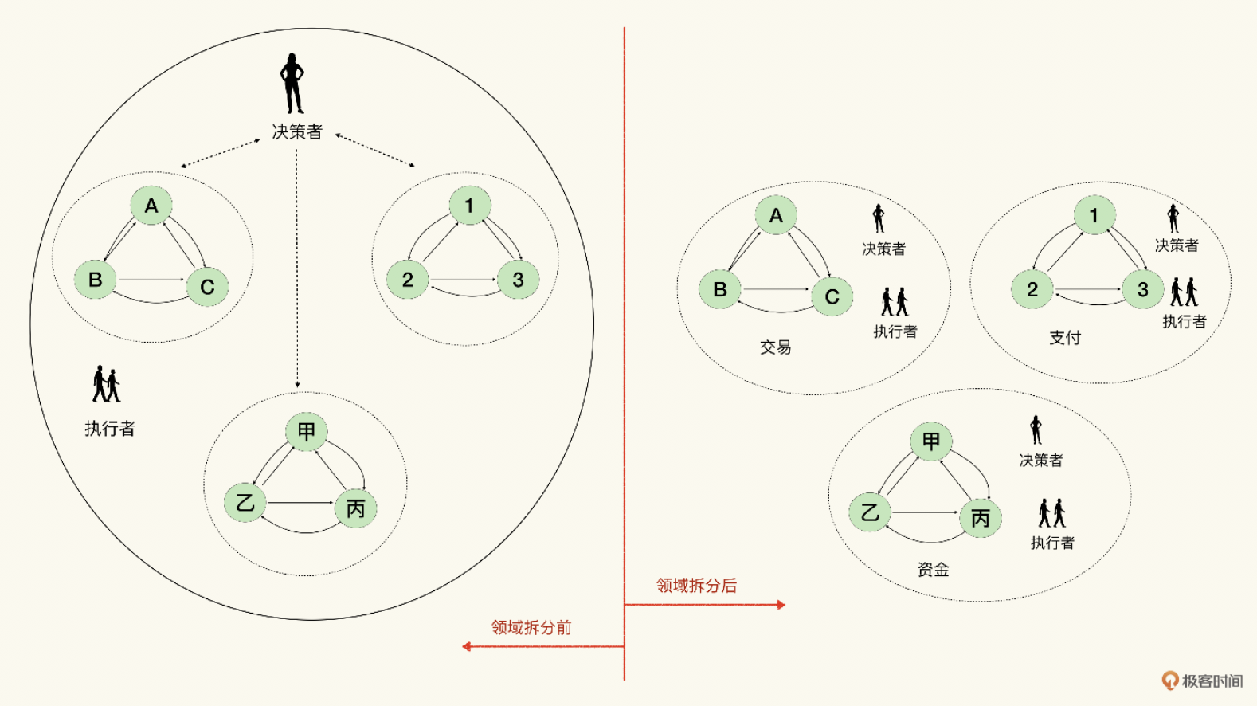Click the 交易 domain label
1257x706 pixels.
click(776, 347)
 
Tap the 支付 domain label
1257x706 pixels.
click(1064, 338)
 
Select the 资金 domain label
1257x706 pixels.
click(934, 570)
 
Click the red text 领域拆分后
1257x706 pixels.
click(696, 586)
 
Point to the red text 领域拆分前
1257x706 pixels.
click(531, 627)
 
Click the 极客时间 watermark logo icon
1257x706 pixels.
click(1169, 681)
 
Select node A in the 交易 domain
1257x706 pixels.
click(776, 215)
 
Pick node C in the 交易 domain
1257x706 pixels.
click(832, 296)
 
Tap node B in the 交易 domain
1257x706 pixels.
click(719, 289)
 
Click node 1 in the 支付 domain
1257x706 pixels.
click(1094, 215)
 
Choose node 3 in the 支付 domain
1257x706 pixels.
click(1142, 289)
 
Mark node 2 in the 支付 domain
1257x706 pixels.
click(1032, 289)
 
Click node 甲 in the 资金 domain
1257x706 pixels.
click(931, 441)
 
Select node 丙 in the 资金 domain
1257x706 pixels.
click(981, 518)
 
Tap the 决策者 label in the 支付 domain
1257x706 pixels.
click(1177, 245)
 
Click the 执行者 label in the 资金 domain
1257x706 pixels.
click(1052, 543)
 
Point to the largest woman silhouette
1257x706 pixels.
click(292, 83)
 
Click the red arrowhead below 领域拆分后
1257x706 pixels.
click(781, 605)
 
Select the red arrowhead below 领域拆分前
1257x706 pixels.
click(466, 646)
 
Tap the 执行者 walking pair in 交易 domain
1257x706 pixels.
click(895, 302)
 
